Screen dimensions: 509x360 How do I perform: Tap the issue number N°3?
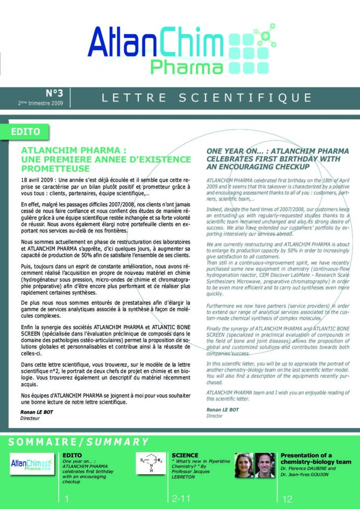tap(54, 92)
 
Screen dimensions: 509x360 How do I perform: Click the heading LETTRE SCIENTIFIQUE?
tap(207, 97)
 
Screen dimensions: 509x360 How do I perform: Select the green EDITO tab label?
tap(29, 132)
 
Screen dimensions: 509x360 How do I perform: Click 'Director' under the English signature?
tap(215, 416)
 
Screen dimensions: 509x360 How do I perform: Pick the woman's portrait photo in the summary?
tap(244, 465)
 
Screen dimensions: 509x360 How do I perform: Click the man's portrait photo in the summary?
tap(265, 465)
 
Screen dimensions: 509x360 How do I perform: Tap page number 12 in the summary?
tap(287, 499)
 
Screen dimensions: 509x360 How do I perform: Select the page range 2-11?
tap(181, 499)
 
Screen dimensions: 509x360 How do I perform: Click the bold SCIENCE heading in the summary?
tap(185, 455)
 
